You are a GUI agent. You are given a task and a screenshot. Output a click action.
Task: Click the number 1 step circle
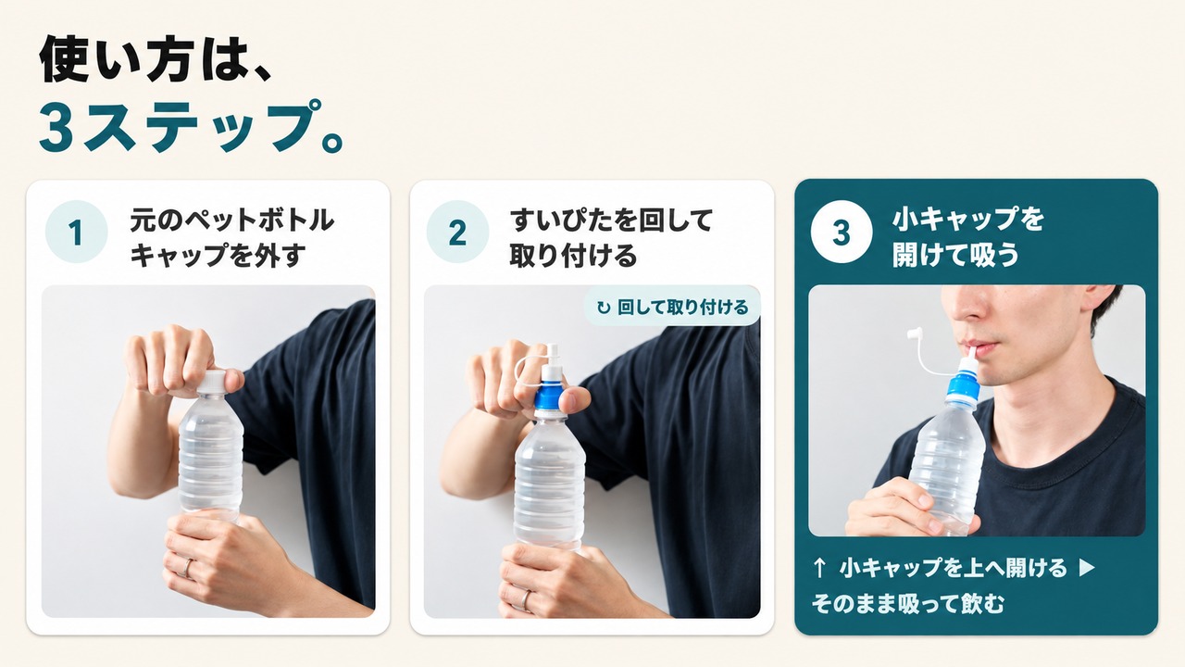(76, 232)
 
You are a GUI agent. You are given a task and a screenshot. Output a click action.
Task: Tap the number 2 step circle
(457, 232)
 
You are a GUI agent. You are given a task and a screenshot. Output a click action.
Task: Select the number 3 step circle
(842, 232)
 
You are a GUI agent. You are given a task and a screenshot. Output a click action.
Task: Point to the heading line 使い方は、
(156, 59)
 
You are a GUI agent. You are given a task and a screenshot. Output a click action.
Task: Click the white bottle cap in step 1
(212, 382)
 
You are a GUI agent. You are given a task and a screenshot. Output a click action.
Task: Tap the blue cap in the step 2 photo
(549, 398)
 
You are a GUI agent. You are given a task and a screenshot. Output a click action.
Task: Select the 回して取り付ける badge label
(682, 307)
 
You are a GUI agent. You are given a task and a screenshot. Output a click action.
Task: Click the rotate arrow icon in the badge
(603, 308)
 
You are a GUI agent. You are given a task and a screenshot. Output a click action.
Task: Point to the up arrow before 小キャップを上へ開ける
(819, 569)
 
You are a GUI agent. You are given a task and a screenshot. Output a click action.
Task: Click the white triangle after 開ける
(1087, 568)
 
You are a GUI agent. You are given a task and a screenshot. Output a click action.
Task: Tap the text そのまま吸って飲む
(908, 603)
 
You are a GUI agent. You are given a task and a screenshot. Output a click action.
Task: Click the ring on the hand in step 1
(187, 568)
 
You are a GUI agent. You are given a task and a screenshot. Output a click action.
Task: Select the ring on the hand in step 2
(524, 599)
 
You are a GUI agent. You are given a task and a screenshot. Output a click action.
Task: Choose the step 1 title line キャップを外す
(218, 256)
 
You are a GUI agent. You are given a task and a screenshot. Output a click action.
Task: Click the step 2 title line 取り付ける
(573, 256)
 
